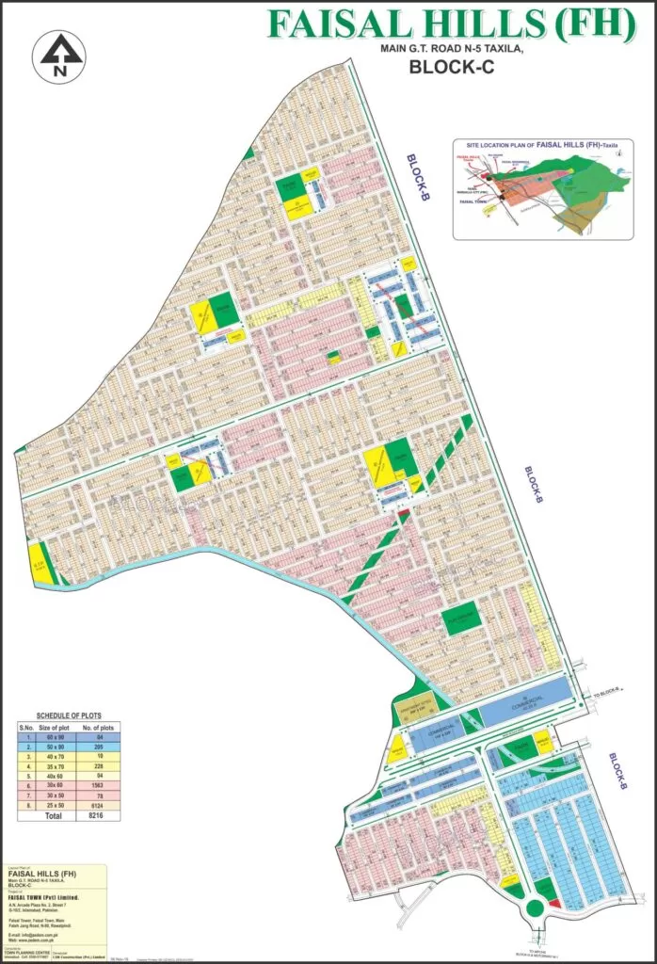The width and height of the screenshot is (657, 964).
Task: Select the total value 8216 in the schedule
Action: coord(106,817)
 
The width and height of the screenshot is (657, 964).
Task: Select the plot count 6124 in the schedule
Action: coord(106,807)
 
